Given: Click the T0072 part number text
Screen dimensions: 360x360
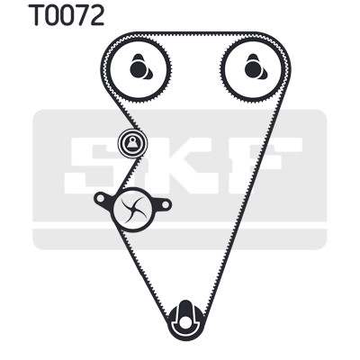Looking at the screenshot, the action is click(67, 15).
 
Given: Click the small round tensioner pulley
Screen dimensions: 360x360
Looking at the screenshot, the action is click(132, 143).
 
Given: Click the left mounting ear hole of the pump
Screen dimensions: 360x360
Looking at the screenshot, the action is click(100, 198).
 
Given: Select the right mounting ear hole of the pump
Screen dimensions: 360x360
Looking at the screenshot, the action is click(166, 205).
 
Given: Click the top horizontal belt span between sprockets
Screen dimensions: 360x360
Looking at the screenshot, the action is click(195, 34).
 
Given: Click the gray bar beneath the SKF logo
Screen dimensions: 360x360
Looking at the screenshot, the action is click(179, 239).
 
